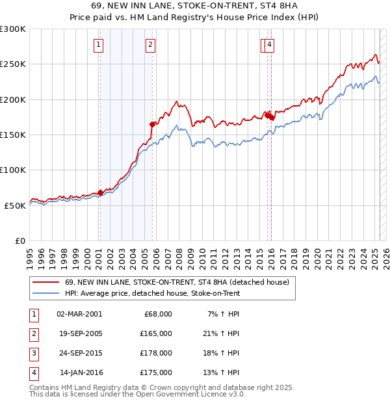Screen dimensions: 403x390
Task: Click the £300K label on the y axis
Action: [x=13, y=29]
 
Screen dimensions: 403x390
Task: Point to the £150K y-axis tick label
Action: [x=13, y=135]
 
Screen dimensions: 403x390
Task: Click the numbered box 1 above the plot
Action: [x=98, y=45]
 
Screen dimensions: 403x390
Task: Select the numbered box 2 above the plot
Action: [x=150, y=45]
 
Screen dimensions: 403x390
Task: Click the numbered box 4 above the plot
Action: [x=269, y=45]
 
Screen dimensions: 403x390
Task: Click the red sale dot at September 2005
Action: [x=152, y=123]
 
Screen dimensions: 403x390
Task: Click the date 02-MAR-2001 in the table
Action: [x=79, y=314]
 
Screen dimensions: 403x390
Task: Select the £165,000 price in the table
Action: [x=156, y=333]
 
